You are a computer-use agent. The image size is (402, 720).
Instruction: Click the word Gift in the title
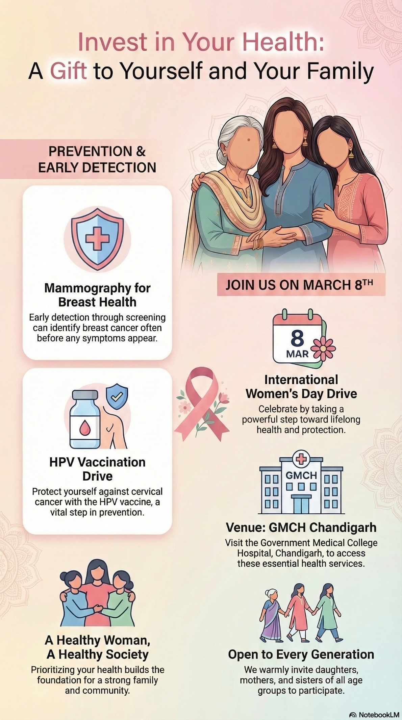tap(69, 71)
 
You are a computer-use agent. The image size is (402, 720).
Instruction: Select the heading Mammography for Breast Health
tap(97, 295)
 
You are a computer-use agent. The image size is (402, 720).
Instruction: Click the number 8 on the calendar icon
tap(297, 338)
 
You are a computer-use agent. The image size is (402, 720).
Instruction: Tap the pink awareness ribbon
tap(202, 404)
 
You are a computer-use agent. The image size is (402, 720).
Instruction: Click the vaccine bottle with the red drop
tap(85, 420)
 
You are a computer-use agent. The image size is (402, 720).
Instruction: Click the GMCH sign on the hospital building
tap(301, 475)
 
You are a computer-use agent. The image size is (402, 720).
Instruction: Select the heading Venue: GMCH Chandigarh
tap(301, 527)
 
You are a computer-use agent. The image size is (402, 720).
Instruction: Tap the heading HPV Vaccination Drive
tap(97, 469)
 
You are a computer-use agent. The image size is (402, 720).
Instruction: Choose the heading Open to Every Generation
tap(301, 654)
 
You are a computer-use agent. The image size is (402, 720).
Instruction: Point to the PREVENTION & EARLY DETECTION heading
tap(97, 159)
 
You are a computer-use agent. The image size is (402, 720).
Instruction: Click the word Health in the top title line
tap(287, 42)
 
